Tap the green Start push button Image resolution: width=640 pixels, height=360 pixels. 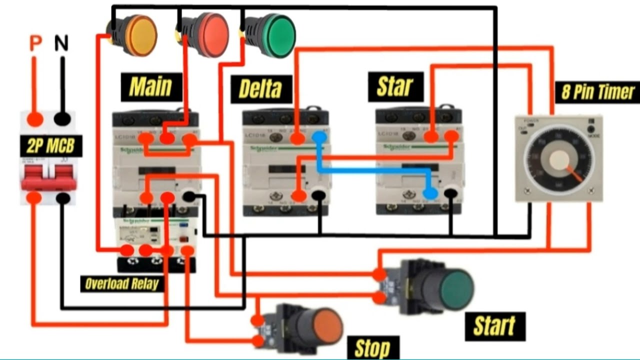click(x=455, y=289)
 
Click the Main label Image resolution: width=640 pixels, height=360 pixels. click(x=150, y=86)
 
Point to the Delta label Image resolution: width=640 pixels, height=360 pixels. click(x=260, y=89)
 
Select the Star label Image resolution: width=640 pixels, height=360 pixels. click(x=395, y=85)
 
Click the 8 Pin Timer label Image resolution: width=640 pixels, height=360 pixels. click(x=597, y=92)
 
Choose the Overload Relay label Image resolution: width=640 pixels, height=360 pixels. click(x=121, y=284)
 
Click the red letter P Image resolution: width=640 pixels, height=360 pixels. click(x=35, y=44)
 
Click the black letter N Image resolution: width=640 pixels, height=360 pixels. click(x=61, y=44)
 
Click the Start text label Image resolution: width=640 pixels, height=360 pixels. click(x=494, y=326)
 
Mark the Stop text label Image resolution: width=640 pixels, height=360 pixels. click(x=372, y=348)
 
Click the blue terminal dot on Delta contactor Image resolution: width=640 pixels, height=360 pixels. click(x=319, y=137)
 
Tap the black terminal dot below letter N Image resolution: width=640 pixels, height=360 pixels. click(x=62, y=119)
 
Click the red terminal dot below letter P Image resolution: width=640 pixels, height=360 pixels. click(x=34, y=119)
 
